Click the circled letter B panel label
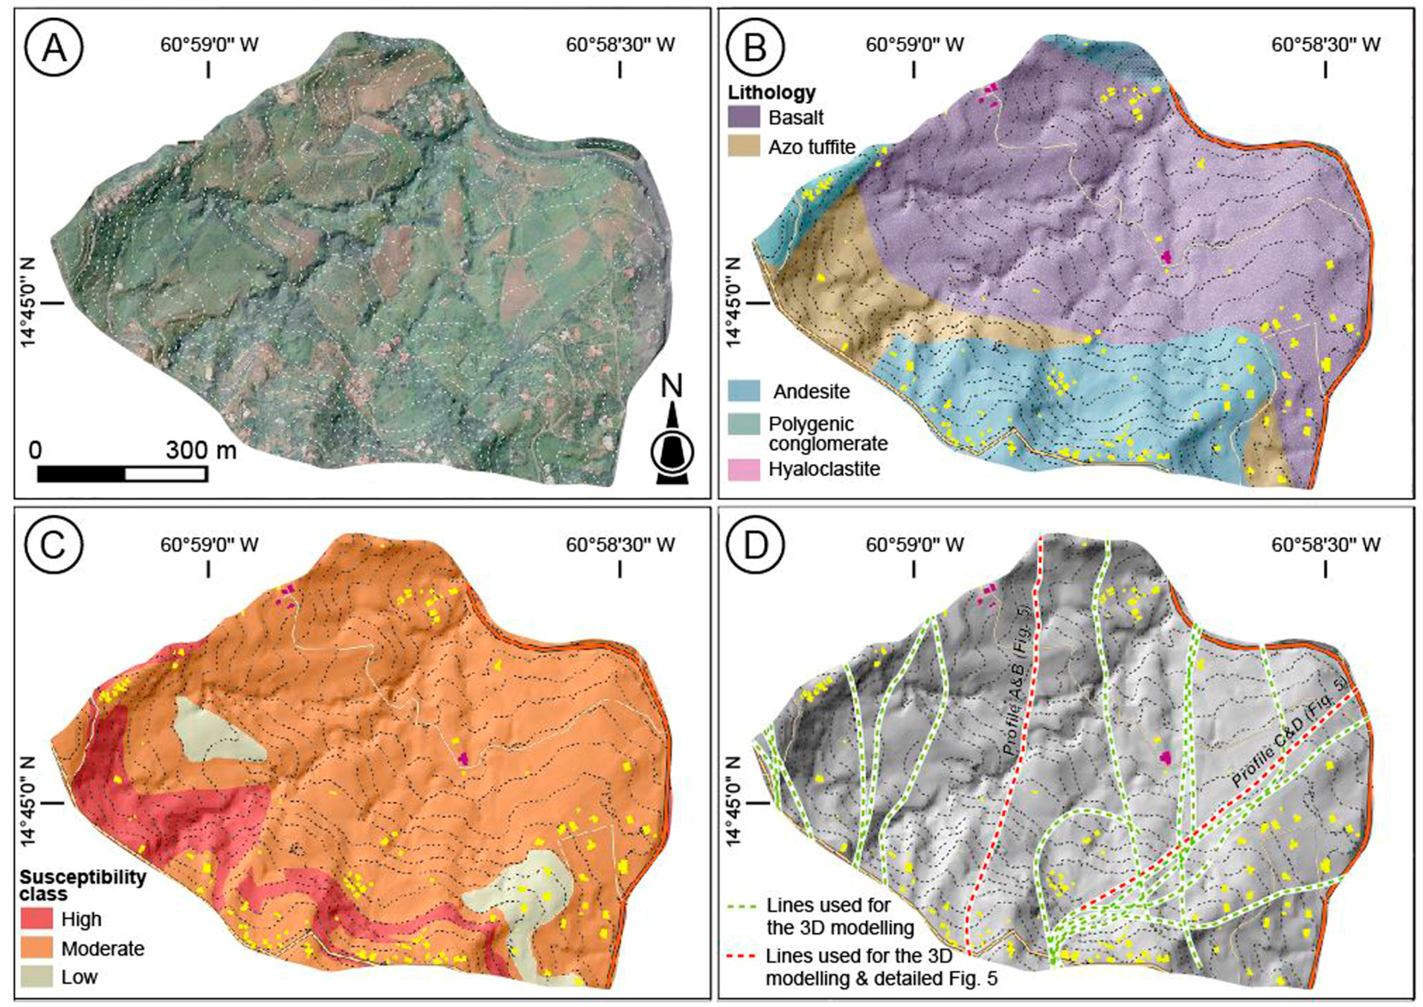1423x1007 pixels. [754, 48]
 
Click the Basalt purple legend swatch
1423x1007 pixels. [744, 117]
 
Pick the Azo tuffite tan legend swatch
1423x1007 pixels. [744, 146]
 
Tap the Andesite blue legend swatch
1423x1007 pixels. [744, 391]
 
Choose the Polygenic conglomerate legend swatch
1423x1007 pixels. [744, 425]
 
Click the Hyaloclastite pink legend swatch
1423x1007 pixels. [744, 469]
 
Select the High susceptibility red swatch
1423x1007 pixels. [36, 918]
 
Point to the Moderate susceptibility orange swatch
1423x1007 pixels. [36, 948]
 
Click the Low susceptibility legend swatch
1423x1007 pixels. [36, 977]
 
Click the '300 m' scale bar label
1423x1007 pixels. [201, 450]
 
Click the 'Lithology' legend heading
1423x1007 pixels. [771, 93]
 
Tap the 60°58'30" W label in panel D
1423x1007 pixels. [1326, 545]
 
